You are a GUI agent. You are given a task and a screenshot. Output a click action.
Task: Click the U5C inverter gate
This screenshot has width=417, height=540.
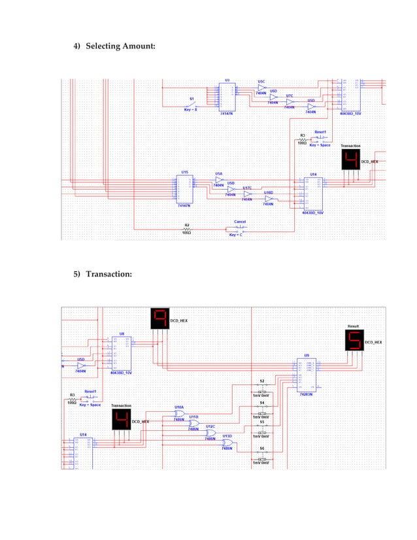tap(261, 88)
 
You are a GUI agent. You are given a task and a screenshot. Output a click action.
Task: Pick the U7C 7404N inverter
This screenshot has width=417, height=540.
tap(290, 101)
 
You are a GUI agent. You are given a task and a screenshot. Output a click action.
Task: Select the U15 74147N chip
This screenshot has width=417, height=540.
tap(185, 189)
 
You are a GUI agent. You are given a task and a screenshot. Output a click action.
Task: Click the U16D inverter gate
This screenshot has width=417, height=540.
tap(268, 198)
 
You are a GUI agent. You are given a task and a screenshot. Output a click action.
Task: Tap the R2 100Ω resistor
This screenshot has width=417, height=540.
tap(186, 228)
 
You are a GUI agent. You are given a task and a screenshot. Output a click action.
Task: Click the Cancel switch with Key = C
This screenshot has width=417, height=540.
tap(239, 228)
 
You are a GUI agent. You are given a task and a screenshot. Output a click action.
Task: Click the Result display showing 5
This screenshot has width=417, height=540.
tap(354, 340)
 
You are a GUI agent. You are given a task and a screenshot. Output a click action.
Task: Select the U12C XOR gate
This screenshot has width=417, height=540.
tap(210, 433)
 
